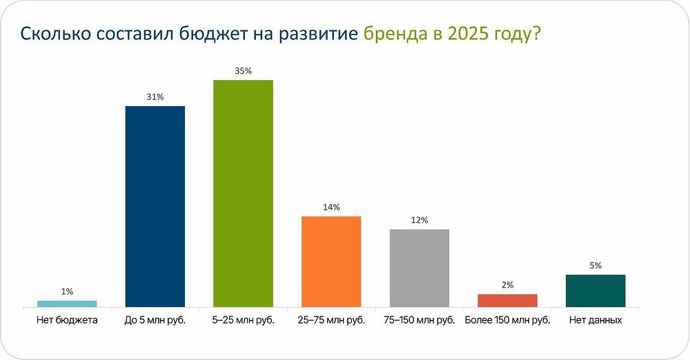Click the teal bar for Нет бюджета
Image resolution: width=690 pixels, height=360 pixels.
[x=67, y=303]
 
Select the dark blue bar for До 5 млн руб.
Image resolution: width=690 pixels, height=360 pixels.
[x=155, y=206]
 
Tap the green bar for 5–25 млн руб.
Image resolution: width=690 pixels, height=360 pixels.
[x=243, y=193]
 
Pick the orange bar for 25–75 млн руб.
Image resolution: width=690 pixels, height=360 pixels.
[x=331, y=261]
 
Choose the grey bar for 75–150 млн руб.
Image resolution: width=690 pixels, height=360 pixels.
[x=419, y=268]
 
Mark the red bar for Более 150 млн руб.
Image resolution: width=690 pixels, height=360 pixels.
[x=507, y=300]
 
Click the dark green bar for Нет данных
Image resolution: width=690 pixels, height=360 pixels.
[x=595, y=290]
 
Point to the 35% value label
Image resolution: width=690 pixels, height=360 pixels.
[x=243, y=70]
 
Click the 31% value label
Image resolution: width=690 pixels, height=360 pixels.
[x=155, y=97]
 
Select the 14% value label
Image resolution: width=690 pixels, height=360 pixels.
[x=331, y=207]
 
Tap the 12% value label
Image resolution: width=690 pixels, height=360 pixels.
[x=419, y=220]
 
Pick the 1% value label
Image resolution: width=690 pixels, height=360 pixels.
[x=67, y=292]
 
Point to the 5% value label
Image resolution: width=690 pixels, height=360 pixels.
[x=595, y=266]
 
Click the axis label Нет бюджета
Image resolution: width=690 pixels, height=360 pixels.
[x=67, y=320]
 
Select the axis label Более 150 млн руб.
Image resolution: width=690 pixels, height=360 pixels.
[x=507, y=320]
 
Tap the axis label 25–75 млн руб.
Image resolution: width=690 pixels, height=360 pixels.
[x=331, y=320]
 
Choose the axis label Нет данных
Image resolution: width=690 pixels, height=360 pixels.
[x=595, y=320]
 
